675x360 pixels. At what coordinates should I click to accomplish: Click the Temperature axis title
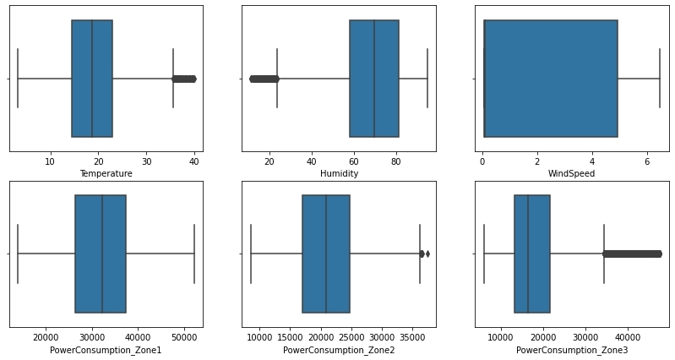tap(106, 173)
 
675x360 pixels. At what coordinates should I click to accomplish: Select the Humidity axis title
tap(339, 173)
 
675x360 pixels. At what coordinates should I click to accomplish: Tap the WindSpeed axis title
tap(572, 173)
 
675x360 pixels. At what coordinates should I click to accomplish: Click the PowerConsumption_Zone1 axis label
tap(106, 350)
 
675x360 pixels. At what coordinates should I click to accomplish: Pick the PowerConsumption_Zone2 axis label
tap(339, 350)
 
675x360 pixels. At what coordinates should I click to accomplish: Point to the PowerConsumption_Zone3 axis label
tap(572, 350)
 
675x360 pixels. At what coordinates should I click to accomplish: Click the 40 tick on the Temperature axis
tap(195, 161)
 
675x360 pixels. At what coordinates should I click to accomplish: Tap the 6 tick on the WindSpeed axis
tap(646, 161)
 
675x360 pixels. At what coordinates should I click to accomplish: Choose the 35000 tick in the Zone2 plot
tap(412, 336)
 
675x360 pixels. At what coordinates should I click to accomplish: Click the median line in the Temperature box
tap(92, 79)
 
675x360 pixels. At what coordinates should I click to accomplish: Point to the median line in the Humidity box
tap(374, 79)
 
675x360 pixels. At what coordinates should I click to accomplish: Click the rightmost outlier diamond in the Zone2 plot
tap(427, 254)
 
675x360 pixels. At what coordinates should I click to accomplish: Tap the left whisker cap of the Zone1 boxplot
tap(18, 254)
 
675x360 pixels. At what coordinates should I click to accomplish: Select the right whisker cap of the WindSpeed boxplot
tap(659, 79)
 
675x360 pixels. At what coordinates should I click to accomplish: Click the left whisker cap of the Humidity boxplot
tap(277, 79)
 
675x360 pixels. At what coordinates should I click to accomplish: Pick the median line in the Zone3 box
tap(528, 254)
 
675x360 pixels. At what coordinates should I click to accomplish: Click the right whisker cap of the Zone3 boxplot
tap(604, 254)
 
